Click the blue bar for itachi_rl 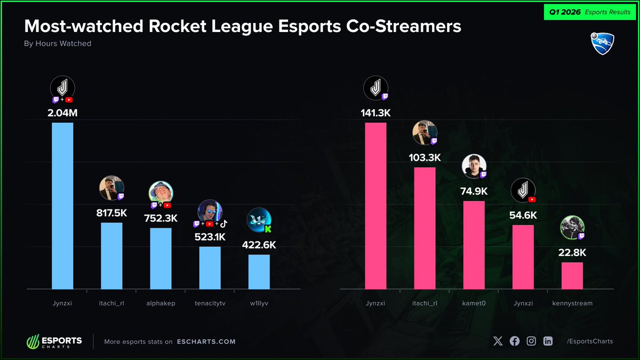pos(111,255)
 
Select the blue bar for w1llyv pos(259,271)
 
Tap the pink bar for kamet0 pos(474,245)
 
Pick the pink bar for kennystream pos(572,275)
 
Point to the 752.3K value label pos(161,218)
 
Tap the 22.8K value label pos(572,252)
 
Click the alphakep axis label pos(161,303)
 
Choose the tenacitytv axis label pos(210,303)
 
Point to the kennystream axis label pos(572,303)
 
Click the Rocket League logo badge pos(603,43)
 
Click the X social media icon pos(498,341)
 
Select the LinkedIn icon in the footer pos(548,341)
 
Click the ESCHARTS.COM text pos(206,341)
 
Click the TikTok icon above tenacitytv pos(223,223)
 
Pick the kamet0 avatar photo pos(473,166)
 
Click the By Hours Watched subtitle pos(58,44)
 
